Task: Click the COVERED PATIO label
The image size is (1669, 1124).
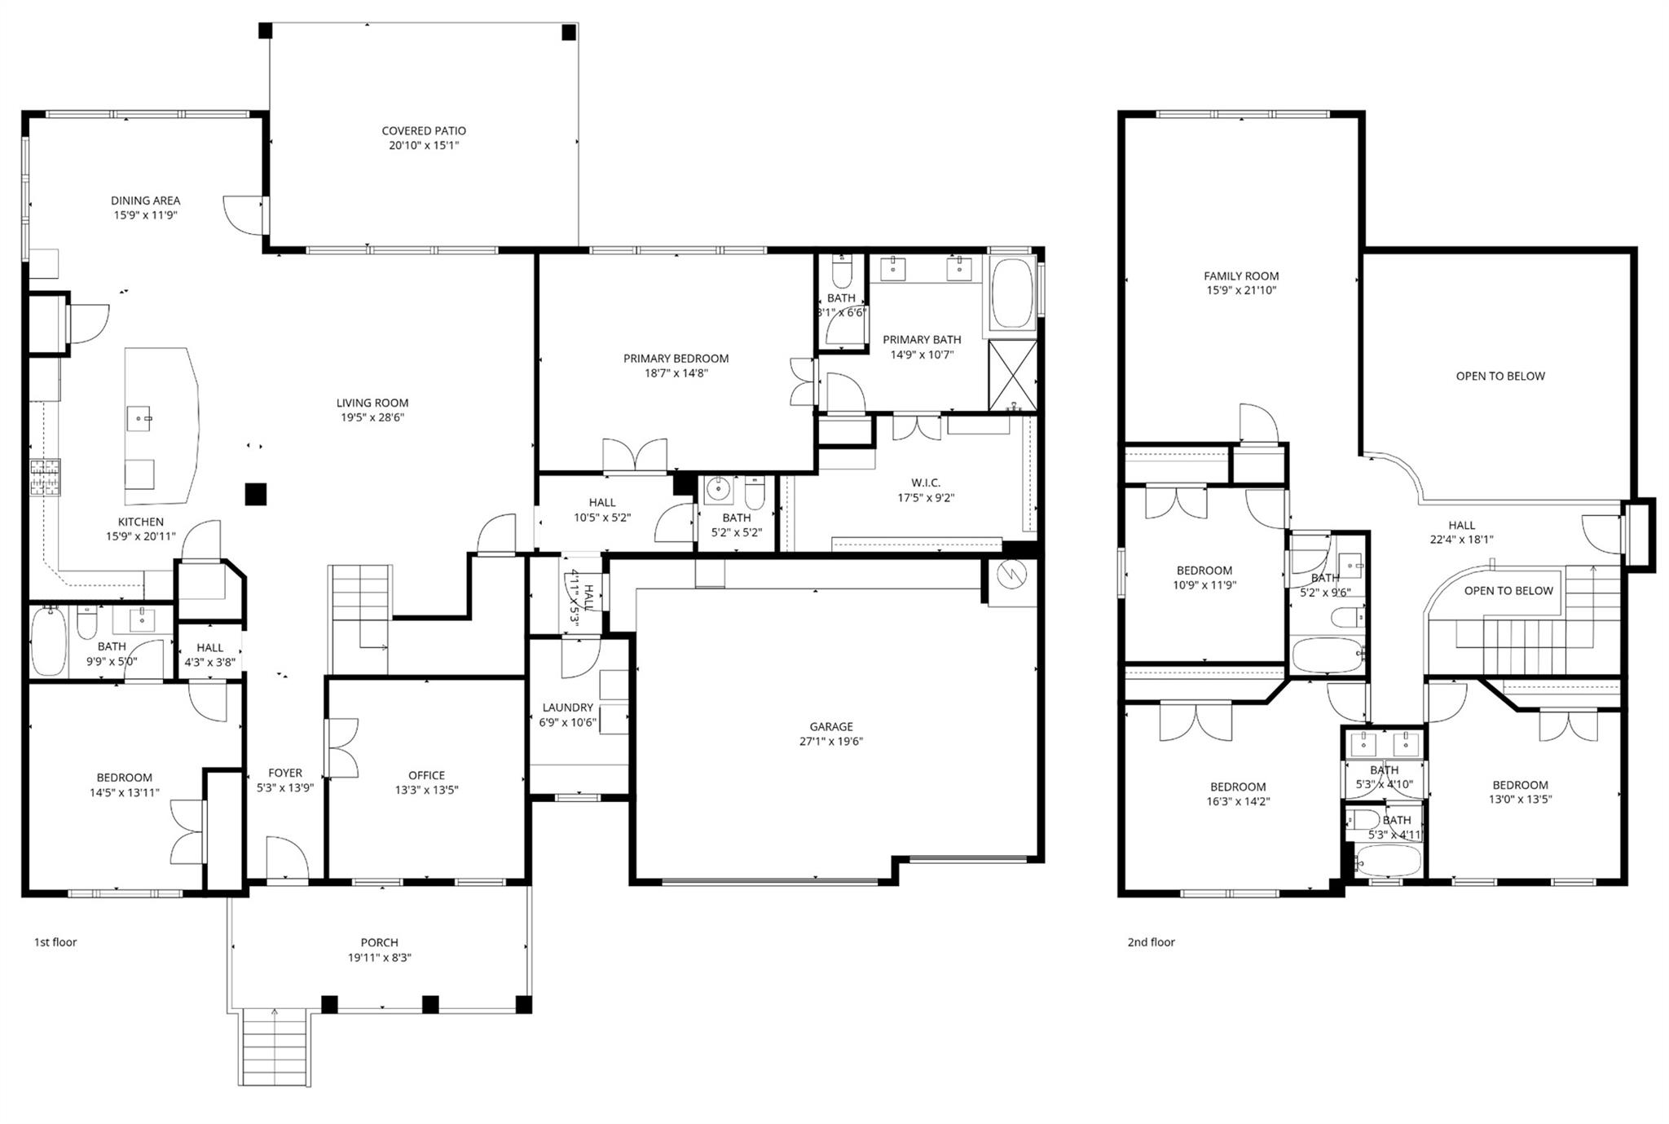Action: pyautogui.click(x=424, y=130)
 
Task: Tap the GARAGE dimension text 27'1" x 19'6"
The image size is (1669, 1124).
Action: pyautogui.click(x=830, y=742)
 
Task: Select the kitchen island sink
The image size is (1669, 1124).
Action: pyautogui.click(x=139, y=419)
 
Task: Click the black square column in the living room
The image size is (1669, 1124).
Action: pyautogui.click(x=256, y=494)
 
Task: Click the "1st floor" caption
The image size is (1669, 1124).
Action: pyautogui.click(x=55, y=942)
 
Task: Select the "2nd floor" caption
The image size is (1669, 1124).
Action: pyautogui.click(x=1151, y=942)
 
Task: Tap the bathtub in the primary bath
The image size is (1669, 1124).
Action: pyautogui.click(x=1011, y=294)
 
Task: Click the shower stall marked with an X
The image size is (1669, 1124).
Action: pyautogui.click(x=1012, y=376)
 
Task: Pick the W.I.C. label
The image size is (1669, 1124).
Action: pyautogui.click(x=926, y=483)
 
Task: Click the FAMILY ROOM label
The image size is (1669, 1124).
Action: pyautogui.click(x=1241, y=276)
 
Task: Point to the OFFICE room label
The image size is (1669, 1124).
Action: pyautogui.click(x=426, y=775)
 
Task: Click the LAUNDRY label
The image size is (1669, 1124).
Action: pyautogui.click(x=567, y=707)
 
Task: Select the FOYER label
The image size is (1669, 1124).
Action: pyautogui.click(x=285, y=773)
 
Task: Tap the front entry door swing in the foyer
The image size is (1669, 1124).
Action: pyautogui.click(x=287, y=857)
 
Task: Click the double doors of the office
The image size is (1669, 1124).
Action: pyautogui.click(x=341, y=747)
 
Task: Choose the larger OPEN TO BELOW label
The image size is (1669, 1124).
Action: pyautogui.click(x=1499, y=376)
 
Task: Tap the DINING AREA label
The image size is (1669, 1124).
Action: pyautogui.click(x=146, y=201)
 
